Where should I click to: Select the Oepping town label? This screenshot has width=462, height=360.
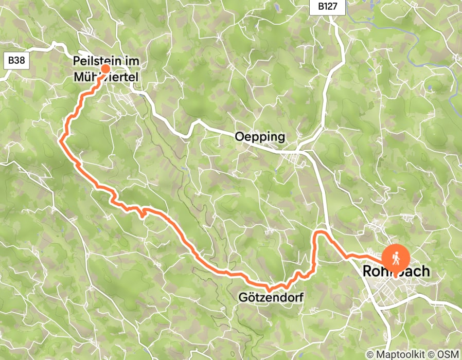pyautogui.click(x=259, y=137)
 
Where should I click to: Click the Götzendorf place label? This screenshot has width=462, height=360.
pyautogui.click(x=271, y=297)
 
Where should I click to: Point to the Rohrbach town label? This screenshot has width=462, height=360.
pyautogui.click(x=396, y=271)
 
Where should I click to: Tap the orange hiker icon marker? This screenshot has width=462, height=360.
pyautogui.click(x=396, y=257)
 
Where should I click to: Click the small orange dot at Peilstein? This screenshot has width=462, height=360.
pyautogui.click(x=105, y=69)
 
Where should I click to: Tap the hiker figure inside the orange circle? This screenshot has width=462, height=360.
pyautogui.click(x=396, y=256)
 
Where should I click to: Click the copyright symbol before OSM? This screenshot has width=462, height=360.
pyautogui.click(x=432, y=354)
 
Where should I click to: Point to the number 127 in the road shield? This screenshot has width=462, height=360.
pyautogui.click(x=331, y=7)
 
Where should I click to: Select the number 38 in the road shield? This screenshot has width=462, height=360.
pyautogui.click(x=19, y=61)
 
